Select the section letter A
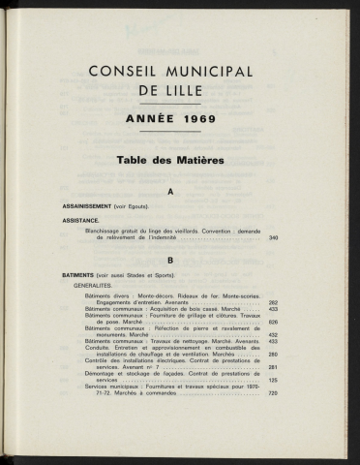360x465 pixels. coord(170,193)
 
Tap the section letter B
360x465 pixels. coord(170,261)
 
